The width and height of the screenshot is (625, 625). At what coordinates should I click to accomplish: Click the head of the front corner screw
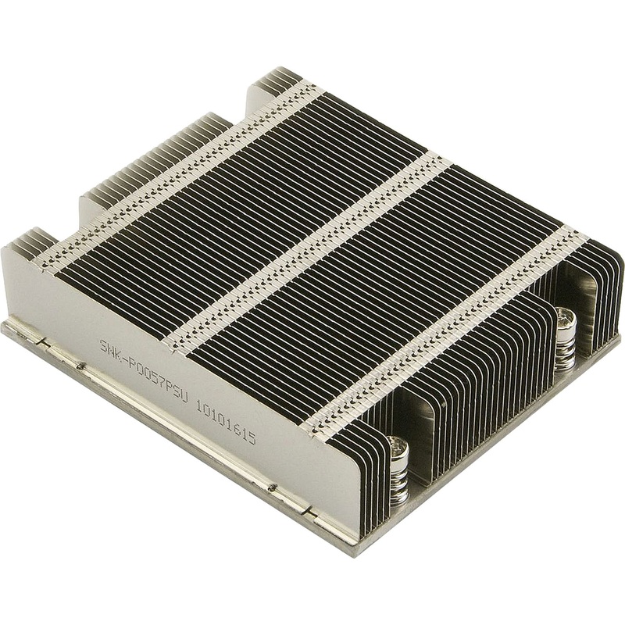click(x=398, y=447)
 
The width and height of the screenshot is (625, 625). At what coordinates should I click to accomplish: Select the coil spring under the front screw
click(x=398, y=477)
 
